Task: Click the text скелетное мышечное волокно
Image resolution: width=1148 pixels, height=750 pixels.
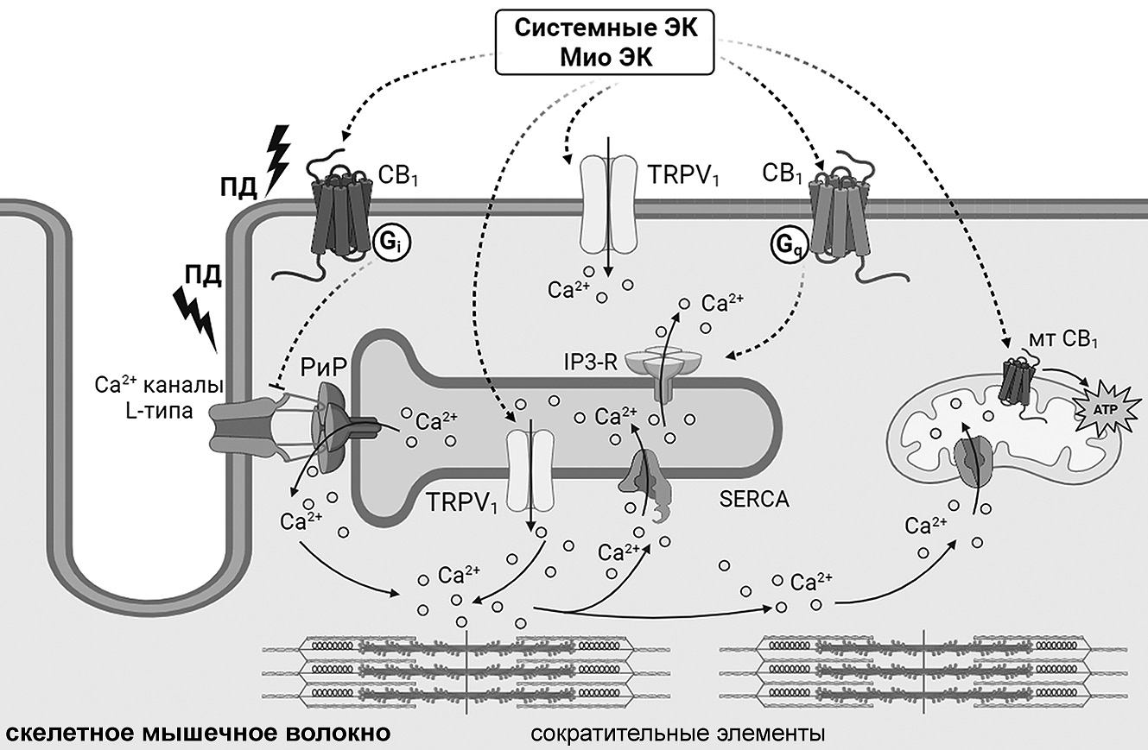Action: click(x=196, y=734)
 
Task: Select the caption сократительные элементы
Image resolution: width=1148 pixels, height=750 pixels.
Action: click(x=676, y=734)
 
